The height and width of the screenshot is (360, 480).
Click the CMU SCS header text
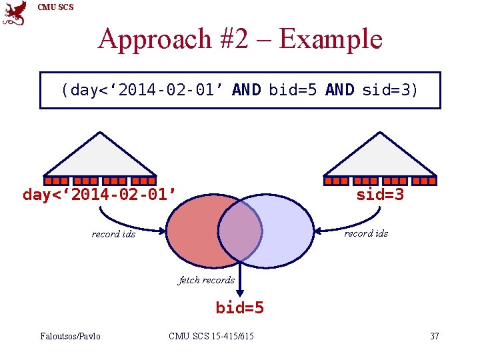coord(56,7)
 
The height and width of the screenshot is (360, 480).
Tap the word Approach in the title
coord(154,39)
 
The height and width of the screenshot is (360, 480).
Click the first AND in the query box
coord(246,90)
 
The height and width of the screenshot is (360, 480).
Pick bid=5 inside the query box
coord(293,90)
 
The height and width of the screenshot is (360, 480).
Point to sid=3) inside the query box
coord(390,90)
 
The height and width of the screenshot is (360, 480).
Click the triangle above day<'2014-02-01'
coord(100,157)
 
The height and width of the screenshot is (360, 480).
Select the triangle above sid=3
coord(379,157)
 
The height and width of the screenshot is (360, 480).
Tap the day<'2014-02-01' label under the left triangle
coord(99,195)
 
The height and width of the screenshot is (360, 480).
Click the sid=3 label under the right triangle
coord(379,195)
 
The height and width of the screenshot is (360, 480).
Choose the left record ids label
coord(113,234)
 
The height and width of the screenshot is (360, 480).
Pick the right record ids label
coord(366,233)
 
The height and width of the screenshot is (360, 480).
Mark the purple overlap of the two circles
coord(240,231)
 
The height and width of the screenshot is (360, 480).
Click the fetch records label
coord(206,280)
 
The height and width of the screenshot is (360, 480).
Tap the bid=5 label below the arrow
coord(239,307)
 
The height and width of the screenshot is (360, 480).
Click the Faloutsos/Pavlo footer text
coord(70,336)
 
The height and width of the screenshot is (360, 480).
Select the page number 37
coord(435,336)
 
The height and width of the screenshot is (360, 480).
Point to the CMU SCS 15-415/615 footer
coord(211,336)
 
